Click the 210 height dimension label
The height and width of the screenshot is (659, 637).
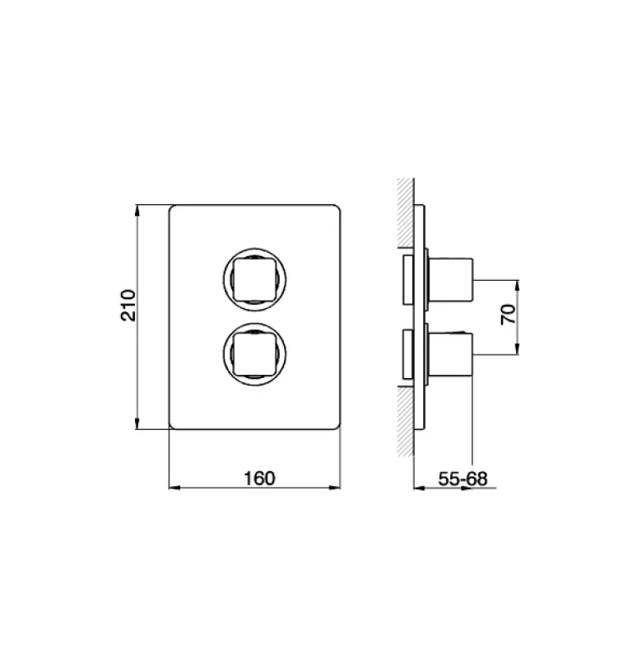point(126,305)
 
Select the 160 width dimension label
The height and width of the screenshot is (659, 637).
point(258,478)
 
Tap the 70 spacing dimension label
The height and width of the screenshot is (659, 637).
point(508,315)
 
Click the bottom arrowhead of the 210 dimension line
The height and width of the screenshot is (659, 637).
point(138,426)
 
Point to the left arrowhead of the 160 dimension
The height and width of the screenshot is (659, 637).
point(173,488)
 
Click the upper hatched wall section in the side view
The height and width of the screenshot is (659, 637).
point(403,213)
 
